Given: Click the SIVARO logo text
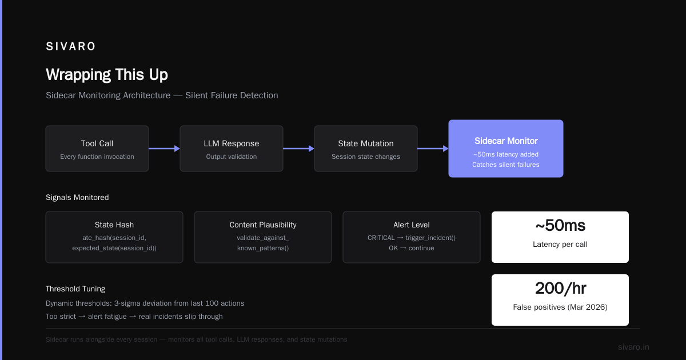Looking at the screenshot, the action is click(70, 46).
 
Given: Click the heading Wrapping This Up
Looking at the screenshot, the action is click(107, 74).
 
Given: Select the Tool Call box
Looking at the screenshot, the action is click(97, 149).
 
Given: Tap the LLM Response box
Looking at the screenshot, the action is click(232, 149).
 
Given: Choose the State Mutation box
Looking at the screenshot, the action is click(366, 149).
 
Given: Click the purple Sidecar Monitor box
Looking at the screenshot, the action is click(506, 149).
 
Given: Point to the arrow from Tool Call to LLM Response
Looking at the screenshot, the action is click(164, 149).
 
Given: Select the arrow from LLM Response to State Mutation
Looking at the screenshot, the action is click(298, 149).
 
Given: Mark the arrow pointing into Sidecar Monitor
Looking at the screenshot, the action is click(433, 149).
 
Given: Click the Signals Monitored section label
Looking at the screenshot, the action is click(77, 198).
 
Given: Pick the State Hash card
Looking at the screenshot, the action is click(114, 237).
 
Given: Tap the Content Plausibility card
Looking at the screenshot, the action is click(263, 237).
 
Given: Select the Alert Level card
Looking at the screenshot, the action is click(412, 237).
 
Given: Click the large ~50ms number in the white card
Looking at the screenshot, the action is click(560, 226).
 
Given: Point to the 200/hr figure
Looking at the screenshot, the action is click(560, 289).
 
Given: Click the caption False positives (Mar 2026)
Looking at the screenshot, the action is click(560, 307).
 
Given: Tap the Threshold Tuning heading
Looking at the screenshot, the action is click(75, 289).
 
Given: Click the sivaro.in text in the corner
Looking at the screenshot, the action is click(633, 347).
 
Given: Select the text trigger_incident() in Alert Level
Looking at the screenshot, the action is click(430, 238).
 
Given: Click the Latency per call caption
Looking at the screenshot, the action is click(560, 245).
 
